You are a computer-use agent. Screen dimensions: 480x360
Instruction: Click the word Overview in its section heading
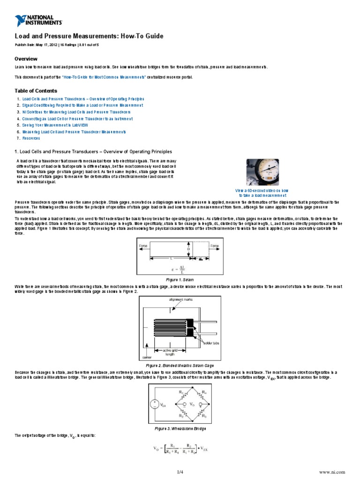pos(26,59)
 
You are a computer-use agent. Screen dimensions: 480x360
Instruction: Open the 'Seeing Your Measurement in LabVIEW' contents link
pos(48,126)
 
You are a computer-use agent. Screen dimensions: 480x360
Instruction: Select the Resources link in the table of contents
pos(31,138)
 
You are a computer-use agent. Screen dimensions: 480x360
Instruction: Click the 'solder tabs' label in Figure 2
pos(211,344)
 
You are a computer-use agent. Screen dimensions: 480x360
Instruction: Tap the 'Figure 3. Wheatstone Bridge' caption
pos(180,428)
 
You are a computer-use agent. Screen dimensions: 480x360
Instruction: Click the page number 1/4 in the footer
pos(180,471)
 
